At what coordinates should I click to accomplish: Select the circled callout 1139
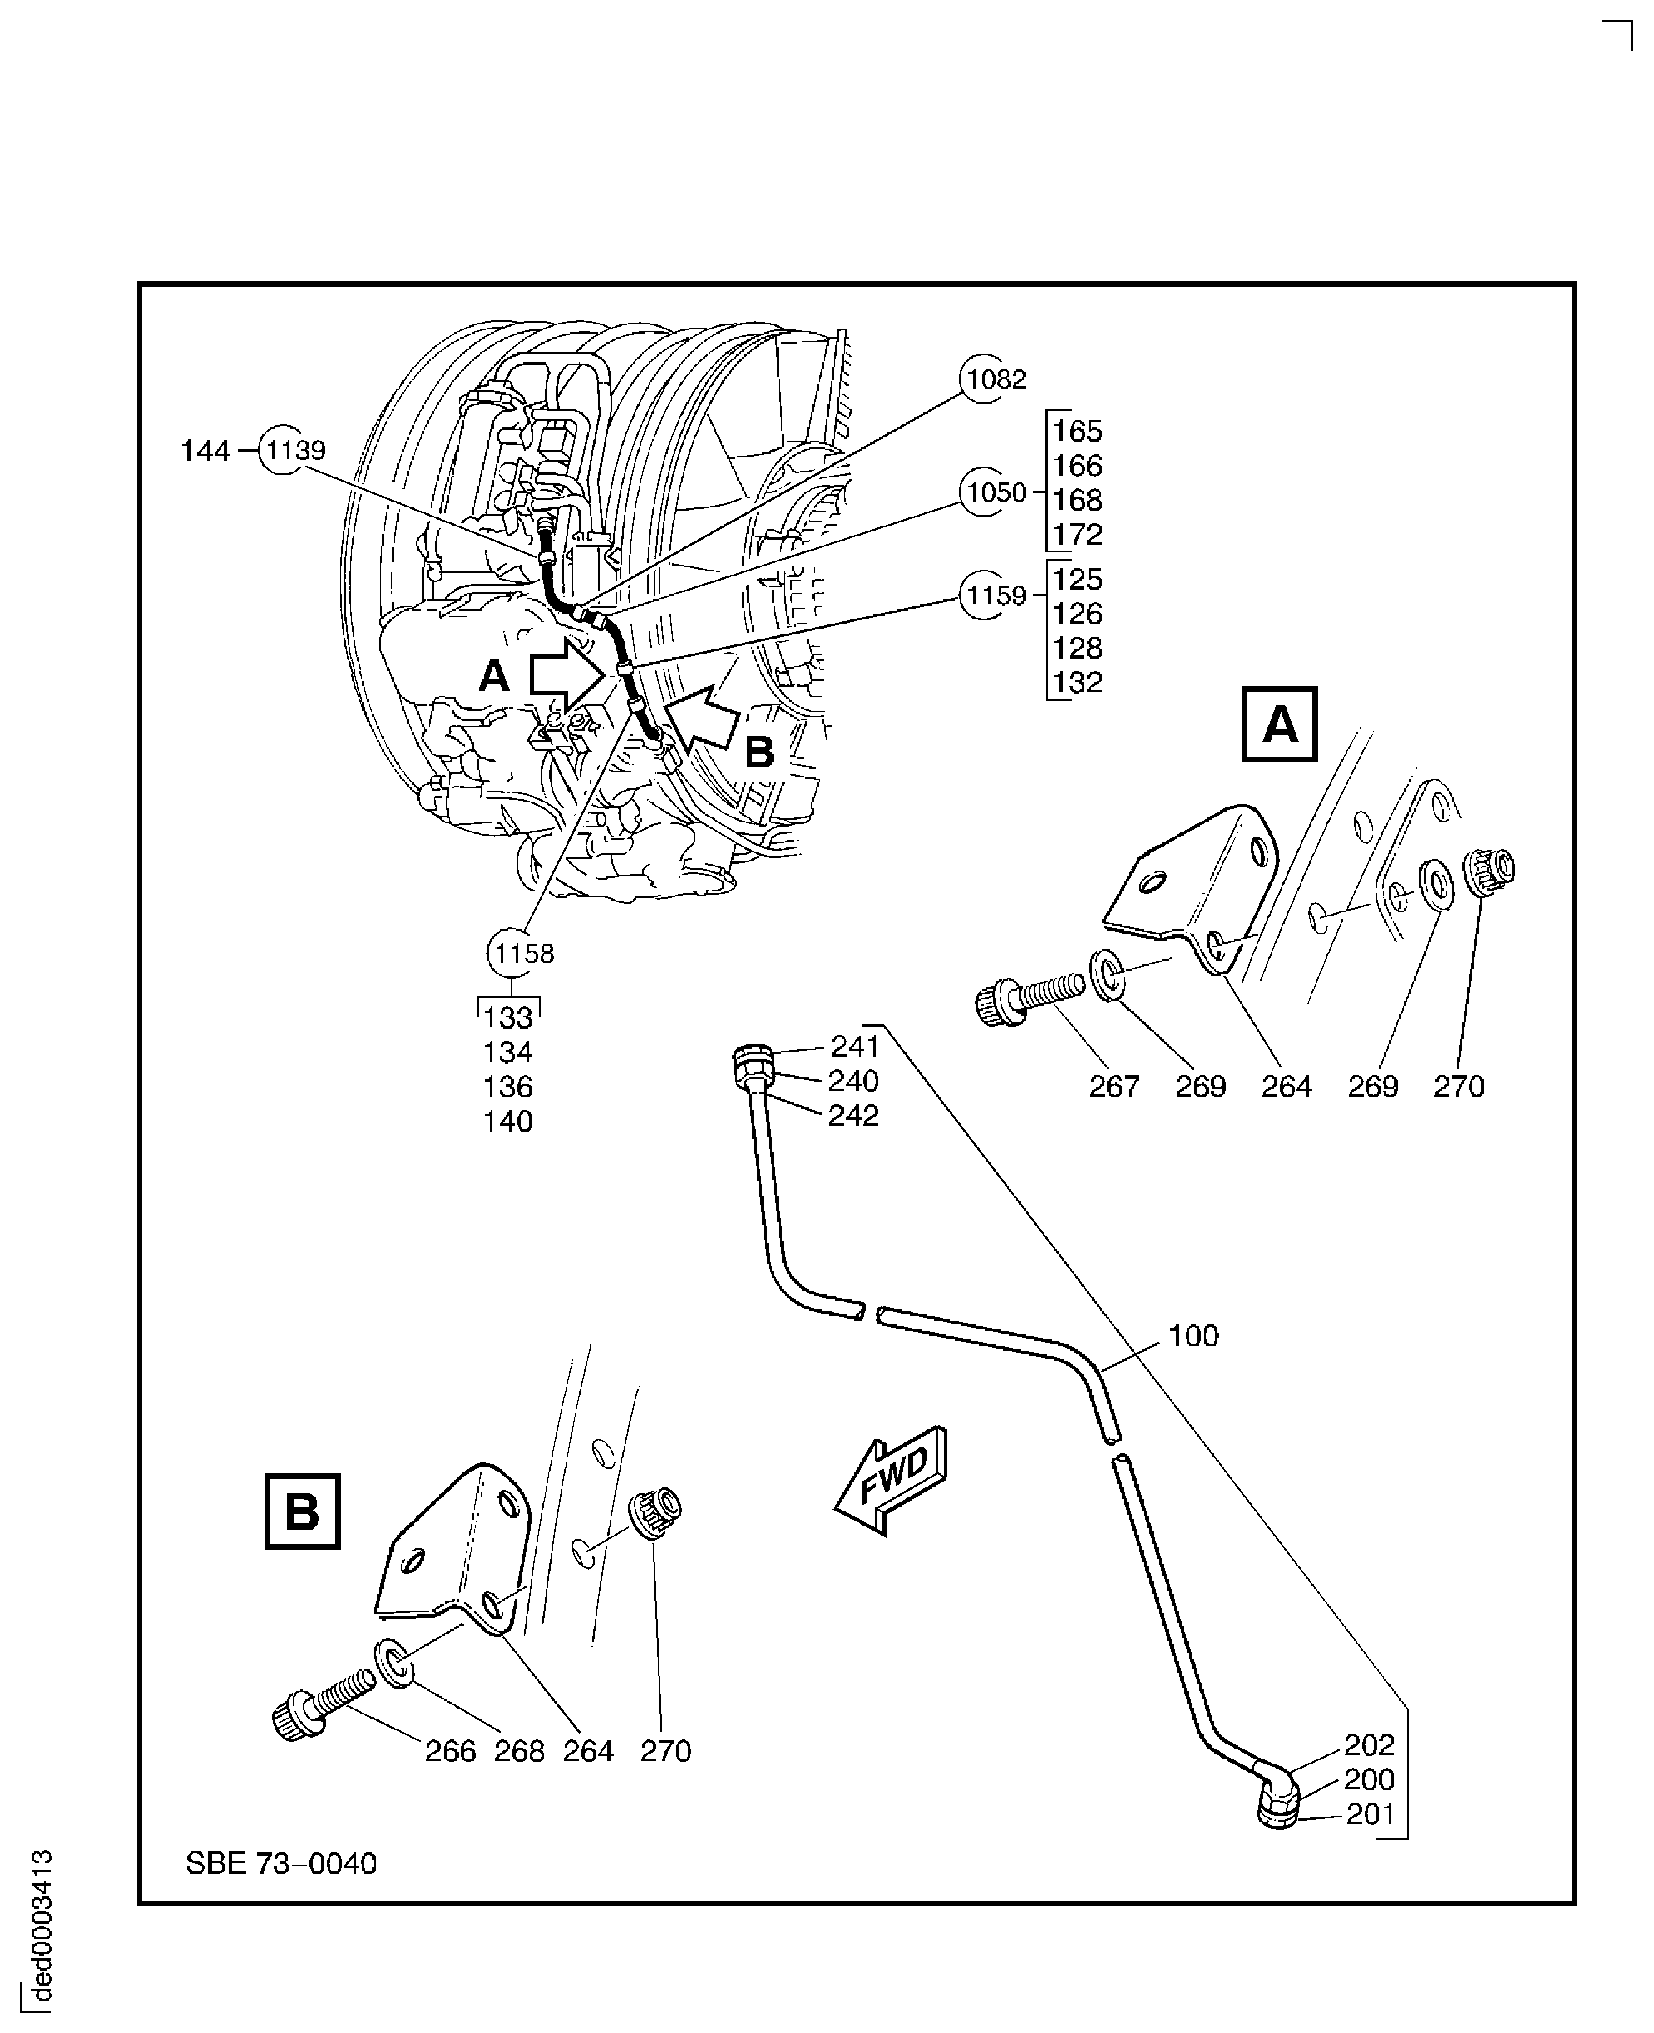pos(294,450)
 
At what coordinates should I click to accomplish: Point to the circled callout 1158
pos(520,954)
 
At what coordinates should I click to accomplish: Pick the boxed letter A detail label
pos(1278,725)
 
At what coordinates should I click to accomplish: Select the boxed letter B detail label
pos(302,1512)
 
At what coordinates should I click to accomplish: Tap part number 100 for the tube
pos(1193,1336)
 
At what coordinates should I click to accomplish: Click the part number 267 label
pos(1114,1086)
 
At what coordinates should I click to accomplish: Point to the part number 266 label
pos(450,1751)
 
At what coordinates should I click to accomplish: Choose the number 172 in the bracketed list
pos(1078,535)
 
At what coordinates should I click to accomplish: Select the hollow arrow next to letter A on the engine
pos(566,674)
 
